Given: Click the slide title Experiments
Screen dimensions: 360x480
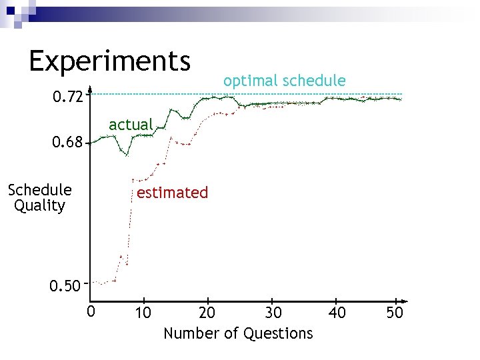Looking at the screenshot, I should pyautogui.click(x=110, y=61).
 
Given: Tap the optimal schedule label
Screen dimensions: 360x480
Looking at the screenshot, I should pyautogui.click(x=285, y=81).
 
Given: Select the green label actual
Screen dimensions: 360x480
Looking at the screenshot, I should pyautogui.click(x=131, y=125).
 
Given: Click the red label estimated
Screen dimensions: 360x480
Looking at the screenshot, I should pyautogui.click(x=172, y=193).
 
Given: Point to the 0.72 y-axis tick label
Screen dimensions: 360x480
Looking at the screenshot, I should pyautogui.click(x=68, y=98).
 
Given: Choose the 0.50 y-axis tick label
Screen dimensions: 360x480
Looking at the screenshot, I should pyautogui.click(x=65, y=287).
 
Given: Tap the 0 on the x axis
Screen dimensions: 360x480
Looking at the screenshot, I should pyautogui.click(x=91, y=312).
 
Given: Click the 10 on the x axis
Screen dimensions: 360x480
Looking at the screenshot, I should pyautogui.click(x=142, y=313).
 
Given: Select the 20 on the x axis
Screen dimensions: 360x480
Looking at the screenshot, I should pyautogui.click(x=207, y=313).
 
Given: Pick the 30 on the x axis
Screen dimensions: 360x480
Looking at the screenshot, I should pyautogui.click(x=273, y=313).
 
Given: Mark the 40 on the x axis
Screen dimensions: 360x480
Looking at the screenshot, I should pyautogui.click(x=337, y=313).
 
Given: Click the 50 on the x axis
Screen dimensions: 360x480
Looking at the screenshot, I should pyautogui.click(x=395, y=313).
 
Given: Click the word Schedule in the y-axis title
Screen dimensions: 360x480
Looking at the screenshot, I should pyautogui.click(x=39, y=190).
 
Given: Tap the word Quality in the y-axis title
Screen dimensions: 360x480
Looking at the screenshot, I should pyautogui.click(x=39, y=205).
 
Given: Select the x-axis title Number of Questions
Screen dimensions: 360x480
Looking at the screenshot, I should pyautogui.click(x=238, y=333).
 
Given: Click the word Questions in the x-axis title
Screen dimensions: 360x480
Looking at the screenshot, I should pyautogui.click(x=278, y=333).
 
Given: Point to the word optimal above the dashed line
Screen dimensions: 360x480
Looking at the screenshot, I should pyautogui.click(x=251, y=81).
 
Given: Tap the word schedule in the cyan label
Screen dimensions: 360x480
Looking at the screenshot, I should pyautogui.click(x=314, y=81).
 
